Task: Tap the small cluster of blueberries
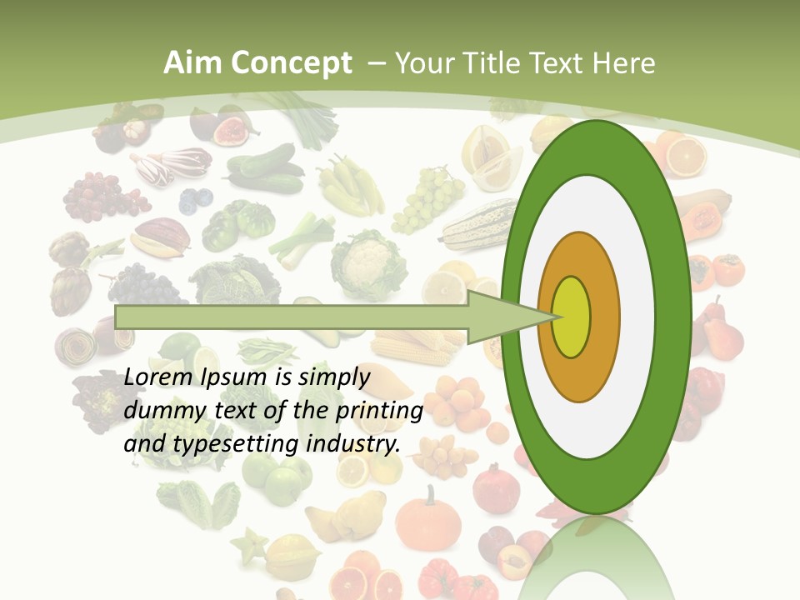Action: point(196,200)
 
